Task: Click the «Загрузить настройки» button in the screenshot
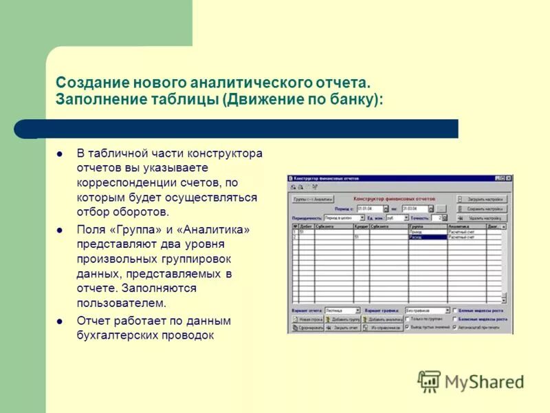485,199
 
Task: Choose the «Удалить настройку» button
485,217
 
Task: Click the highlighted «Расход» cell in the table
427,237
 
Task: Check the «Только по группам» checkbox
407,319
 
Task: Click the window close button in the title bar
509,178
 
